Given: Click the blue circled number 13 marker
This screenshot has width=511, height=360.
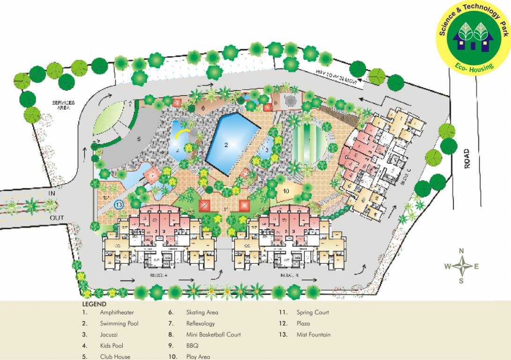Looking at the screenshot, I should pyautogui.click(x=118, y=204).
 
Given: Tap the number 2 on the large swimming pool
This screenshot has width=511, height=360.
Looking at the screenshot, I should pyautogui.click(x=226, y=145).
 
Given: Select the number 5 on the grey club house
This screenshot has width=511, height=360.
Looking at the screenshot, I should pyautogui.click(x=139, y=139).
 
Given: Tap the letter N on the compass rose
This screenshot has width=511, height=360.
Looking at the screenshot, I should pyautogui.click(x=461, y=251).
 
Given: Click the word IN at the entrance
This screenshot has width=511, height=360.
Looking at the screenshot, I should pyautogui.click(x=52, y=193).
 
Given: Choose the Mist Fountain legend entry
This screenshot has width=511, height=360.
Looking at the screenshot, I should pyautogui.click(x=313, y=335).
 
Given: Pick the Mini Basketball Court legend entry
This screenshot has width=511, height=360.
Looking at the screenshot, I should pyautogui.click(x=213, y=335).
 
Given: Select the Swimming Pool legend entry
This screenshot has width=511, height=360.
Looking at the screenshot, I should pyautogui.click(x=119, y=323).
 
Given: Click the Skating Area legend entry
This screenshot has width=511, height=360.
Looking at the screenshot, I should pyautogui.click(x=202, y=312).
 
